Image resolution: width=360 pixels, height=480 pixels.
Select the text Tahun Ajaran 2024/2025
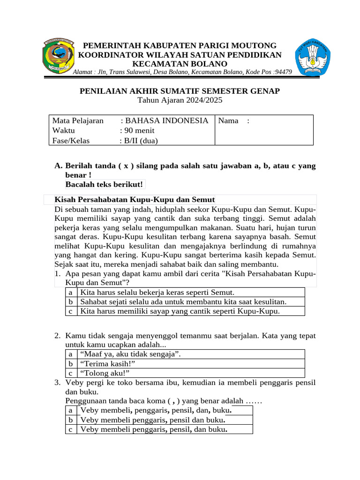tap(180, 100)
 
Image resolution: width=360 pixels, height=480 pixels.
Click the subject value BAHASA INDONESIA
tap(164, 120)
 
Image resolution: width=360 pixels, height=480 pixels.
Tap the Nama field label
tap(228, 120)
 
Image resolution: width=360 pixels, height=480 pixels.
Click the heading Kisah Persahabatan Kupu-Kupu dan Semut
tap(135, 200)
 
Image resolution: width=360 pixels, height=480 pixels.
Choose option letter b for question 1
tap(71, 301)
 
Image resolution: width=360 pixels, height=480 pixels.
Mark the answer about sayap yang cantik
tap(180, 311)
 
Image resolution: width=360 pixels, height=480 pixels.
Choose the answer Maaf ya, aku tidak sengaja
tap(131, 354)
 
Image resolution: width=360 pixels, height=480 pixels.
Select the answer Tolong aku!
tap(105, 373)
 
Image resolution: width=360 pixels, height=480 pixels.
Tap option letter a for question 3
tap(71, 410)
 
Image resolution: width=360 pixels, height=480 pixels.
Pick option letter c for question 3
tap(71, 429)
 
